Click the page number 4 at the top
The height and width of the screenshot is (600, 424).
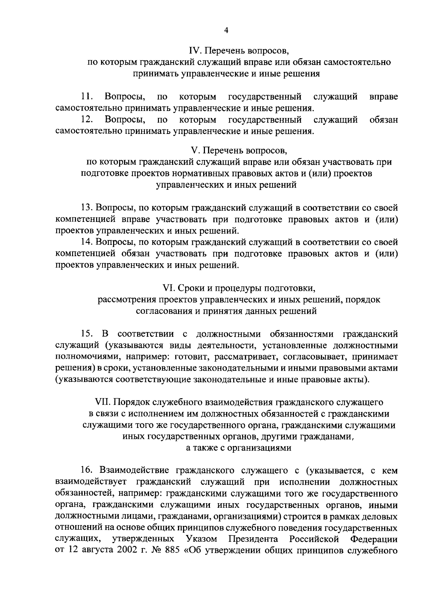point(226,31)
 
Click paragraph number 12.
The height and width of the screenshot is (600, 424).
point(87,120)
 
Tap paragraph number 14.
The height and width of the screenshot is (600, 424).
point(87,242)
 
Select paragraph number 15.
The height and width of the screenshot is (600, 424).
point(87,334)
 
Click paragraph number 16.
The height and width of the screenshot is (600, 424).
point(87,471)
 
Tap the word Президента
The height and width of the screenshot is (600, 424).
point(253,540)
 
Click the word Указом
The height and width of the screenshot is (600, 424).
point(201,540)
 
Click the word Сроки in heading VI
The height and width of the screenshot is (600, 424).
point(190,288)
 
